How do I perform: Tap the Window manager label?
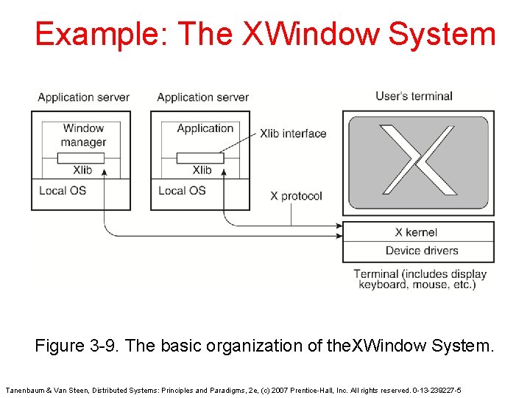click(83, 135)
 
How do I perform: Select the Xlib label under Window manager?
click(82, 170)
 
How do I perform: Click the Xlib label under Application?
click(202, 170)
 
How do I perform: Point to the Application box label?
click(205, 128)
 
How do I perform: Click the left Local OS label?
click(63, 190)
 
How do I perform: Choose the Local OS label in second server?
click(182, 190)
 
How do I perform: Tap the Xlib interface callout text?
click(293, 133)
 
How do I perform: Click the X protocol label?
click(296, 196)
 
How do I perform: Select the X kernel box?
click(417, 232)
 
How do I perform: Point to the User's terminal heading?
click(414, 96)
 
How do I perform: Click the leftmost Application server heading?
click(83, 97)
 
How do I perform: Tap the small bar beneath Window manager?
click(80, 158)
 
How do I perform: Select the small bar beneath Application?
click(199, 158)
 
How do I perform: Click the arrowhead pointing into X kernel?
click(339, 236)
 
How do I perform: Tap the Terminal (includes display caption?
click(420, 274)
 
